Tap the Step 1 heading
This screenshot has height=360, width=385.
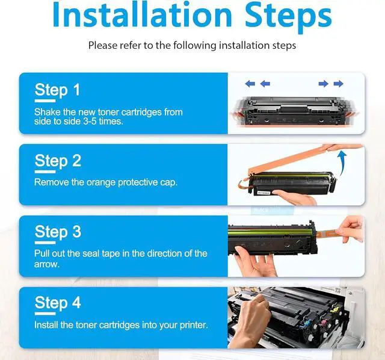pos(58,90)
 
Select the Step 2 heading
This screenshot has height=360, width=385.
pos(58,161)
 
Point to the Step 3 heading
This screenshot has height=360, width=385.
pos(58,232)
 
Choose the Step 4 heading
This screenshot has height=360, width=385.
pos(58,302)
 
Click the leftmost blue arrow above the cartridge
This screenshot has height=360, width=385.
pos(250,84)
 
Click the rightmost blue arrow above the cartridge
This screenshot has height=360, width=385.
pos(338,84)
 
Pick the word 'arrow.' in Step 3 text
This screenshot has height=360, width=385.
pos(47,264)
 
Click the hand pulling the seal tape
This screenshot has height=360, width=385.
pos(350,230)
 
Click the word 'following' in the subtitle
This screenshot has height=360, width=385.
pos(195,46)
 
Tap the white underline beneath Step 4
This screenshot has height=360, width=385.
pos(45,314)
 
